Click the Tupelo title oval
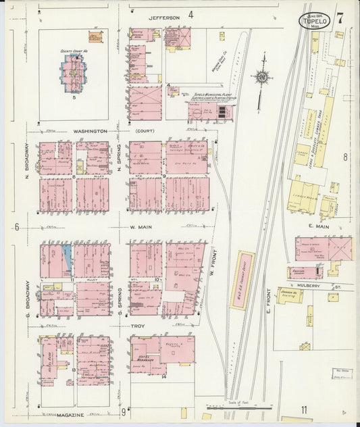click(315, 20)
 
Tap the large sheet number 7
click(340, 18)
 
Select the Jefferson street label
click(164, 16)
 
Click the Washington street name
click(91, 130)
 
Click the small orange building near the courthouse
click(95, 36)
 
